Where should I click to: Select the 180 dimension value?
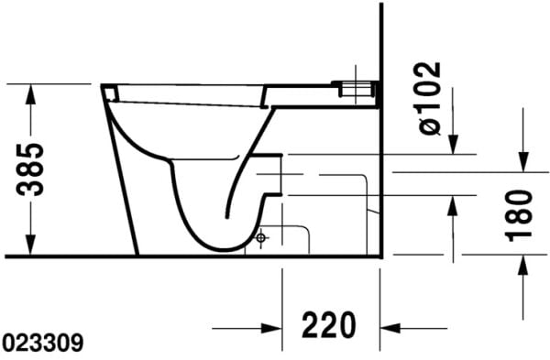click(519, 215)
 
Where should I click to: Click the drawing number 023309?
click(43, 344)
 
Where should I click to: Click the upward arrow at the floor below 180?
click(522, 267)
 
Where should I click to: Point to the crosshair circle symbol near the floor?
click(261, 238)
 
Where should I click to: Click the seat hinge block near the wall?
click(357, 89)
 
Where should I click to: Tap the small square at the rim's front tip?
click(109, 91)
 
